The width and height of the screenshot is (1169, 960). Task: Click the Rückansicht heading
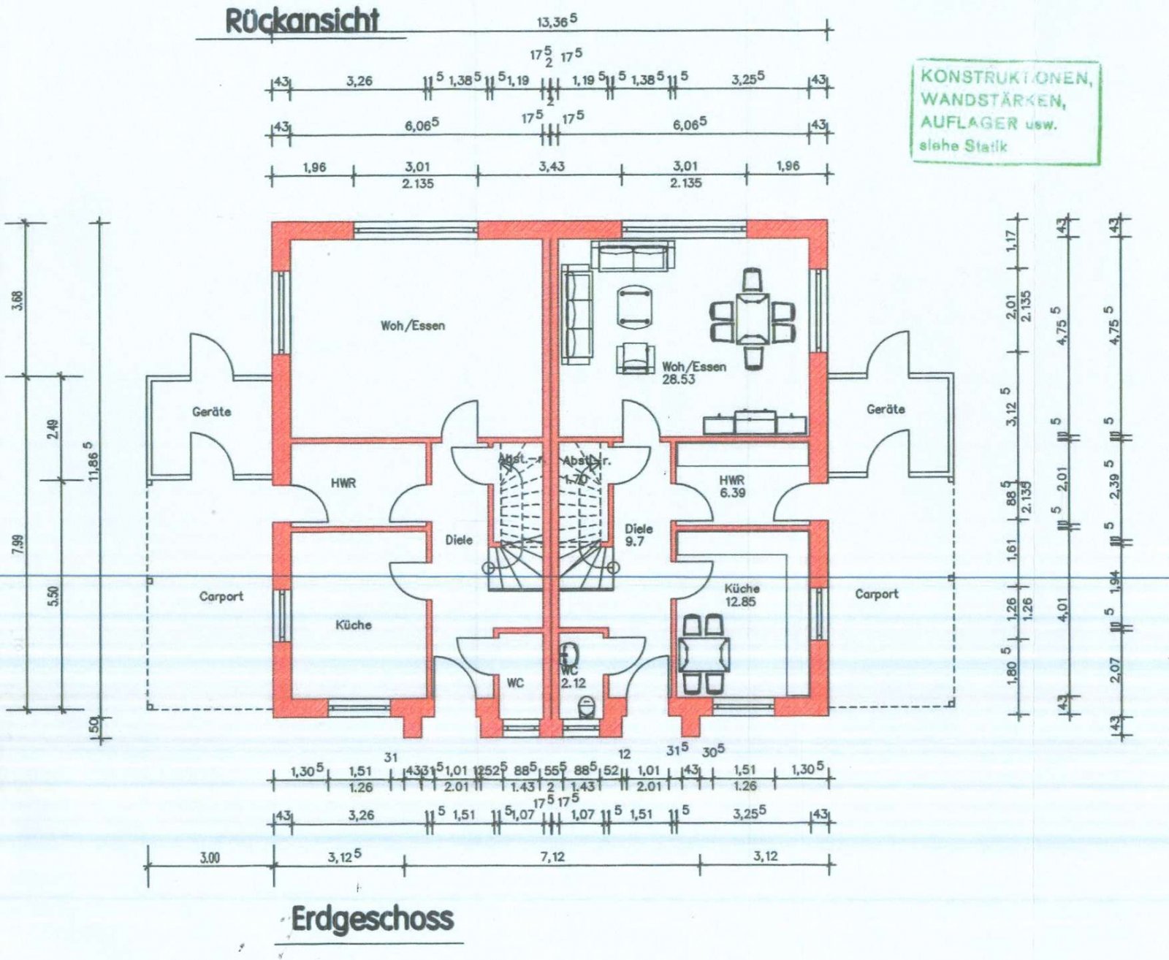(302, 21)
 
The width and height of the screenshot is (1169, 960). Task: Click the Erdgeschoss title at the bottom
(372, 919)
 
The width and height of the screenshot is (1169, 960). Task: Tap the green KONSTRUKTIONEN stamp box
(1005, 111)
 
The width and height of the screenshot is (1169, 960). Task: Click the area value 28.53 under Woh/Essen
(678, 380)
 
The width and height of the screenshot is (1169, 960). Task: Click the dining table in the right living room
(753, 317)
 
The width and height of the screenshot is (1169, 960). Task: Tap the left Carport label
(221, 597)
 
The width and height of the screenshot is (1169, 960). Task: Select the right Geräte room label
(886, 410)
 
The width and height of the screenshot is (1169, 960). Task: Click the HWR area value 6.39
(731, 493)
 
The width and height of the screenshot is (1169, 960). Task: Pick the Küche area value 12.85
(742, 602)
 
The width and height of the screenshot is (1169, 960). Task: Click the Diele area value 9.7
(634, 542)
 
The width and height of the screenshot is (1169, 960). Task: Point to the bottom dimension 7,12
(552, 857)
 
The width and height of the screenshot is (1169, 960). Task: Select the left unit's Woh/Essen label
(412, 326)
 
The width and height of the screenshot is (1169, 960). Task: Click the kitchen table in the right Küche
(703, 654)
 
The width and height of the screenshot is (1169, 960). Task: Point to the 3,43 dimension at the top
(551, 167)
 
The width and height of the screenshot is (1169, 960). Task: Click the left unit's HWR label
(343, 484)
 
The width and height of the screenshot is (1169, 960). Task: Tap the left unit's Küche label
(353, 625)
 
